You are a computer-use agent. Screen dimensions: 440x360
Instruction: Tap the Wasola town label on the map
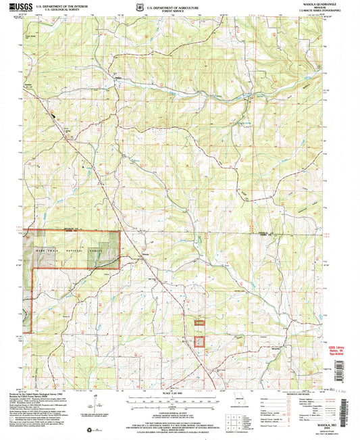pos(145,254)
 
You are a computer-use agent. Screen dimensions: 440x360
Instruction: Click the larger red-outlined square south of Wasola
pos(200,343)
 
